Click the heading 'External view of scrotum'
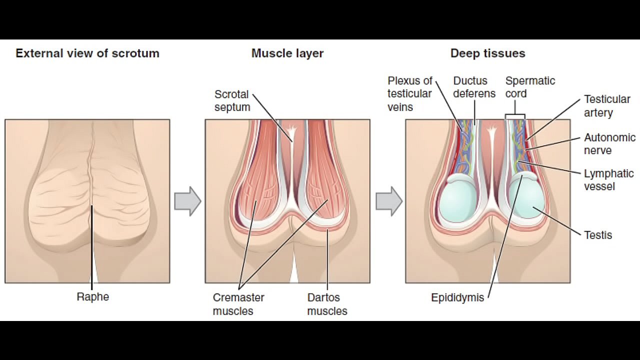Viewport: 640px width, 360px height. pos(87,53)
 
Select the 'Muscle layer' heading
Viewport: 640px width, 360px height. pos(287,53)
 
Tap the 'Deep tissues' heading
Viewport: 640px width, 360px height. pos(487,53)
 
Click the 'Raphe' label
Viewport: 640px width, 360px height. pos(93,297)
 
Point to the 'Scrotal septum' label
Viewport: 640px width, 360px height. pos(232,100)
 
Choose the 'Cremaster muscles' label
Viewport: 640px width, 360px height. pos(238,304)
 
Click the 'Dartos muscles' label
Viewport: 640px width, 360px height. pos(327,304)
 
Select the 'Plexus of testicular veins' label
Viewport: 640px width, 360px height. pos(409,93)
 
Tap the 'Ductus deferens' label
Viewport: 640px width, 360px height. pos(474,87)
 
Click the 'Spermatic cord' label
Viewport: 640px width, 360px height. pos(530,87)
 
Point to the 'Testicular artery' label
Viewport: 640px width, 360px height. pos(607,105)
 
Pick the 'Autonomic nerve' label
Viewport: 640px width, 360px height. pos(609,143)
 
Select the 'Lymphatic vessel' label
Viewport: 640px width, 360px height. pos(608,179)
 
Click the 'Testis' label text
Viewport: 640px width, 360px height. pos(598,235)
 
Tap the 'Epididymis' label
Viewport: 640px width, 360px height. pos(457,297)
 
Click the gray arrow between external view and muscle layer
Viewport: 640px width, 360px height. pos(187,201)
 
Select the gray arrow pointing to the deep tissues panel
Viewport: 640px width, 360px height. pos(389,201)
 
